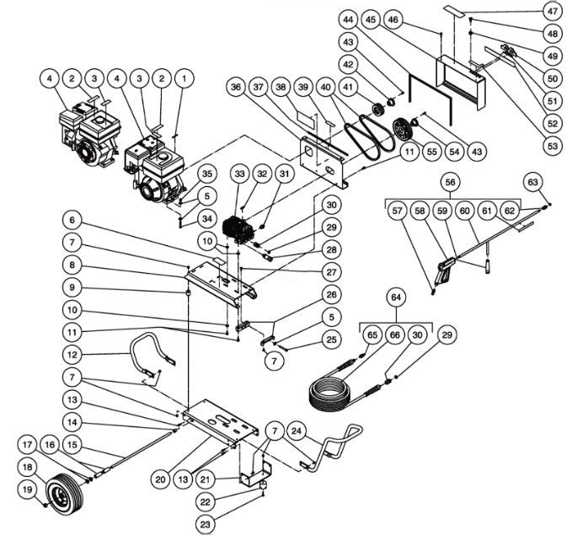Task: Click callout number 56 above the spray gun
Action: [x=449, y=181]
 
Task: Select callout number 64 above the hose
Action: [x=396, y=297]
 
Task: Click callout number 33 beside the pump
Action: [x=240, y=174]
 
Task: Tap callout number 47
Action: [x=552, y=13]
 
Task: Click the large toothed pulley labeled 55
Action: [x=406, y=132]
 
